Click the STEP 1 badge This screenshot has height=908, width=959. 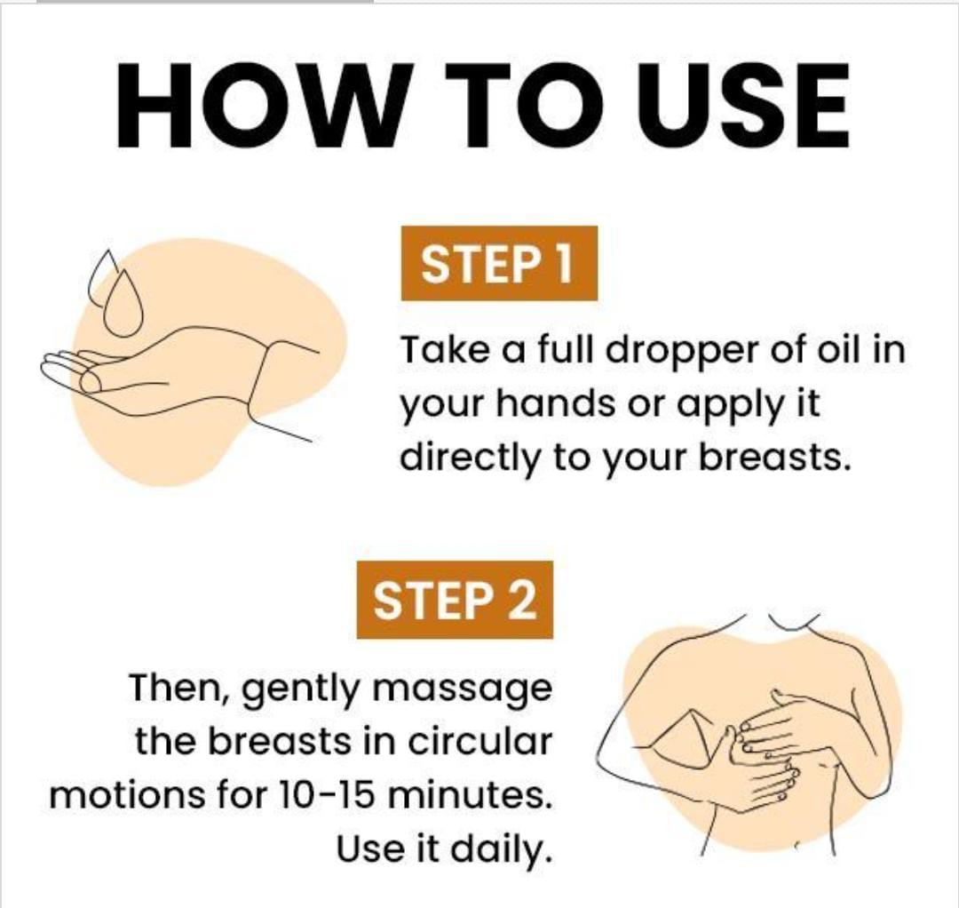tap(497, 264)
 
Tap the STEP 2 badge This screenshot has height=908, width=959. tap(455, 600)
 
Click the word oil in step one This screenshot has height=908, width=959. tap(837, 349)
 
